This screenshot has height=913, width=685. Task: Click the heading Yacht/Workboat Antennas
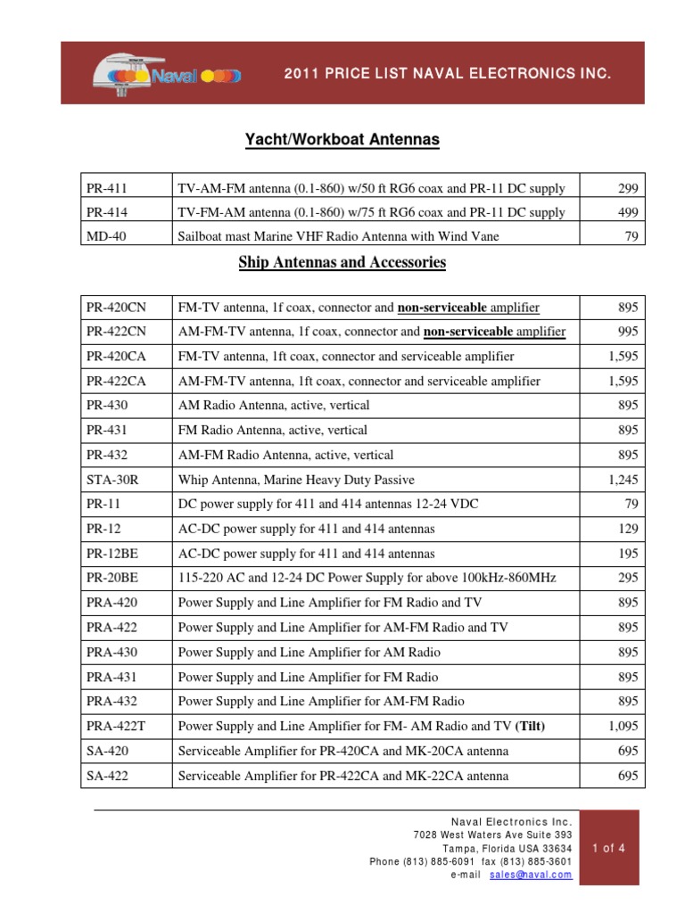(342, 140)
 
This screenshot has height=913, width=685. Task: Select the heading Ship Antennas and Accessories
(342, 262)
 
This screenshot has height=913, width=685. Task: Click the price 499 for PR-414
(627, 212)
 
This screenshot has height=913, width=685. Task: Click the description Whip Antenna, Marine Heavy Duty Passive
(284, 480)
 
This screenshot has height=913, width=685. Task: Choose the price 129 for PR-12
(627, 529)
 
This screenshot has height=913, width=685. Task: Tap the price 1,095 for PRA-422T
(623, 727)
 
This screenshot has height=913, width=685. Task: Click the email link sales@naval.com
(531, 875)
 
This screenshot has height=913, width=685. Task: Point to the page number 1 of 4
(609, 848)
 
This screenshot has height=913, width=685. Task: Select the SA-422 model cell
(107, 776)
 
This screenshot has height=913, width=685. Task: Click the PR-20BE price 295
(627, 579)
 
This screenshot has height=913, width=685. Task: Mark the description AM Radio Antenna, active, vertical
(274, 406)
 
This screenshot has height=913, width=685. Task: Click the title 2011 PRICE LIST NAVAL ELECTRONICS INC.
(448, 74)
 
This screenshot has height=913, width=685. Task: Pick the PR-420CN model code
(116, 308)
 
